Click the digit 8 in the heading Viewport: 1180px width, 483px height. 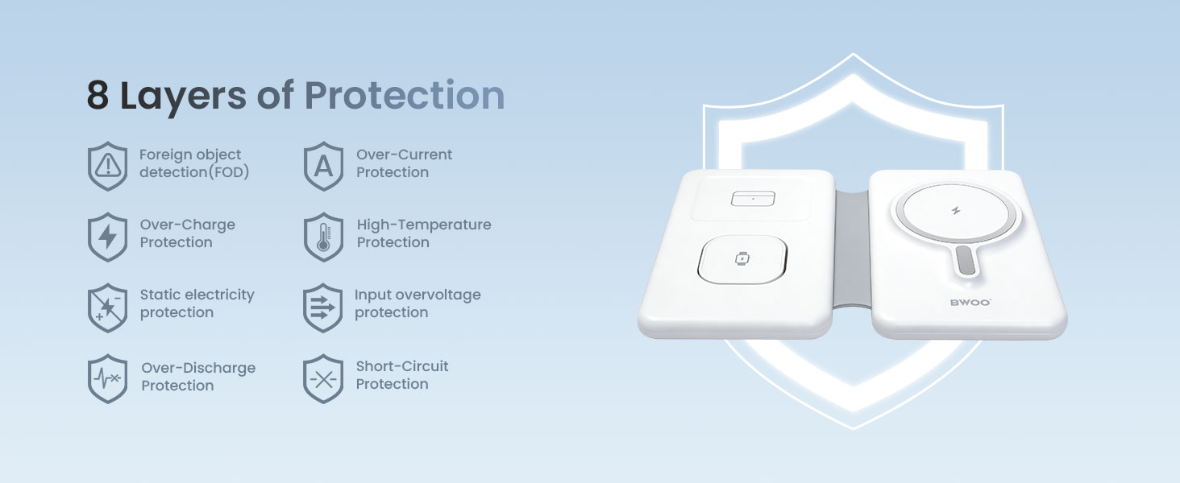pos(98,95)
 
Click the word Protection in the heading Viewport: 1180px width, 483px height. pos(404,95)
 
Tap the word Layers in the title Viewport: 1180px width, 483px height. pos(183,97)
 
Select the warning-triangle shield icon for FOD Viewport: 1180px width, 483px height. pos(107,166)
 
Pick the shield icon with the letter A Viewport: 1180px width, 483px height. pos(323,166)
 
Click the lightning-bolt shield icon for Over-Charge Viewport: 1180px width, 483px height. pos(107,237)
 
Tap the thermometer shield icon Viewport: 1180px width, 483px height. pos(323,237)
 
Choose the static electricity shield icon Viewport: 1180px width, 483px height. pos(107,308)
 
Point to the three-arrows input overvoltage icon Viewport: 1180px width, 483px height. pos(323,308)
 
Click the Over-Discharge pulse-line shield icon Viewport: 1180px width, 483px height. pos(107,378)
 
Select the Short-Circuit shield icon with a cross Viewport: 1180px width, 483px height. pos(323,378)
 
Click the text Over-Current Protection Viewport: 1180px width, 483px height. pos(404,163)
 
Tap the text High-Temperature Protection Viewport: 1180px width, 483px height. pos(423,233)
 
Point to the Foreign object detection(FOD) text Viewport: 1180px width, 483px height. pos(194,163)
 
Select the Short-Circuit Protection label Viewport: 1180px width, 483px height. pos(402,374)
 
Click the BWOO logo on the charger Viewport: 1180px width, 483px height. pos(970,303)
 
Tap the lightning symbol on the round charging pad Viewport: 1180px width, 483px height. pos(956,211)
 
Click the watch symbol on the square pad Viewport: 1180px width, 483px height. pos(742,259)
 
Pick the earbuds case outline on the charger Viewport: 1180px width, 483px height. pos(753,198)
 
